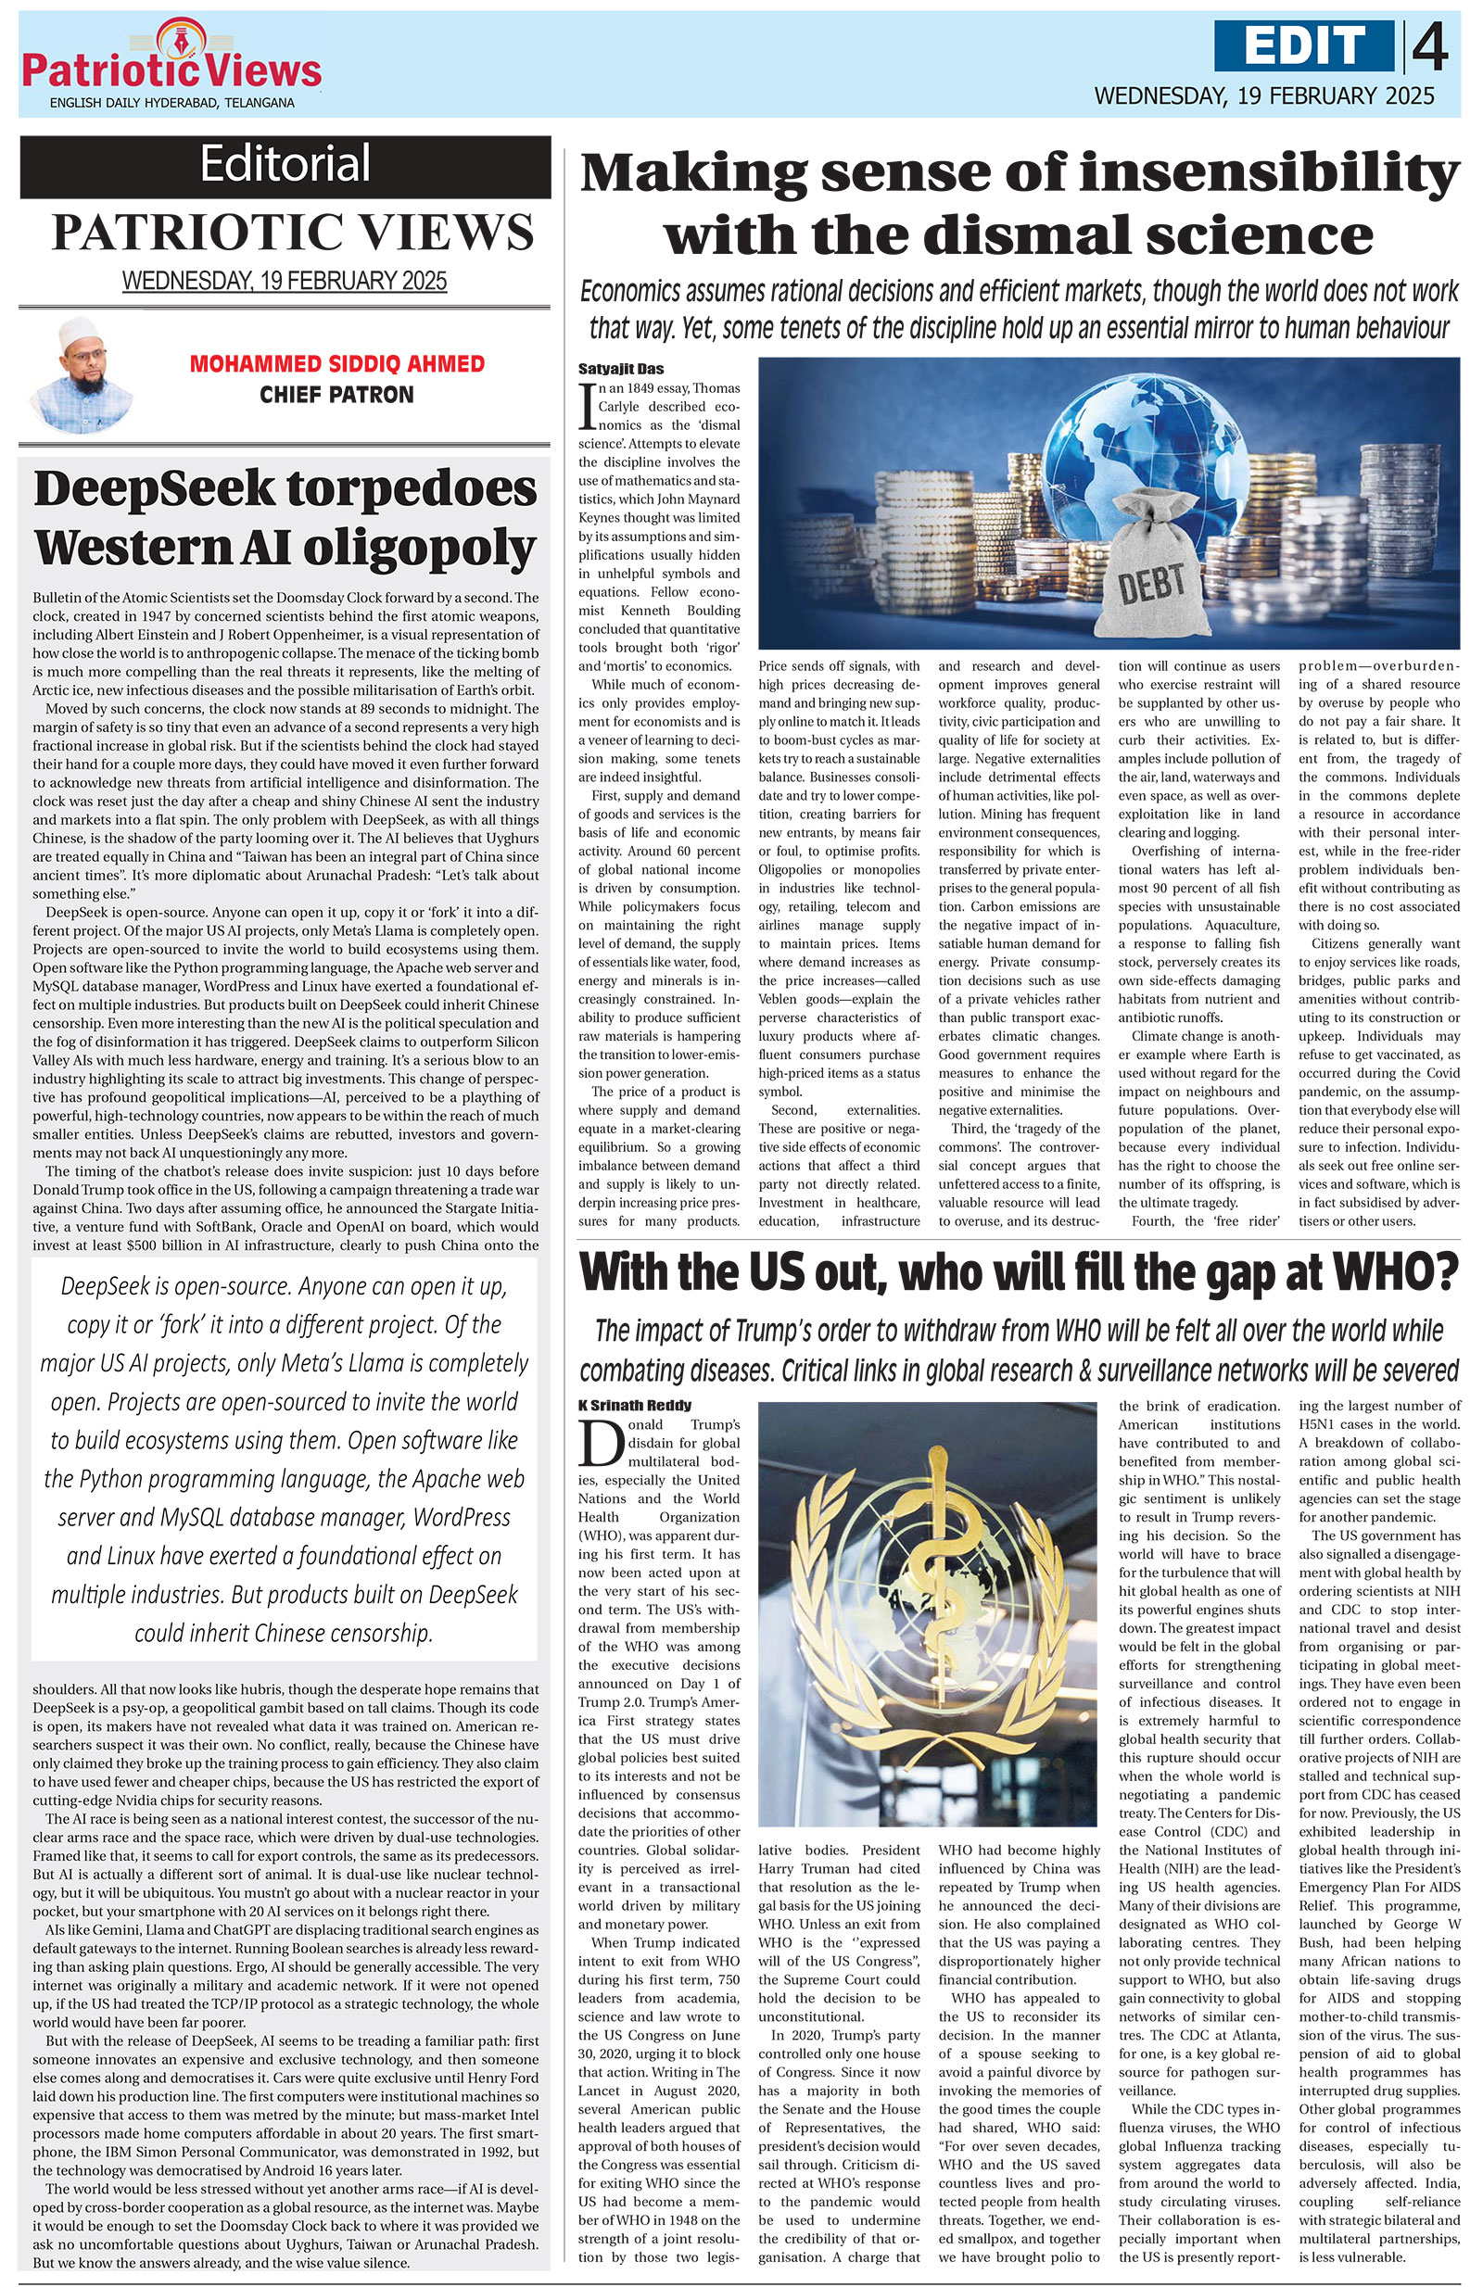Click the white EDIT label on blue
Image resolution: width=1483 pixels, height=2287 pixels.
point(1303,45)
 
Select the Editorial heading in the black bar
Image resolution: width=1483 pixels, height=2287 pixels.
point(285,164)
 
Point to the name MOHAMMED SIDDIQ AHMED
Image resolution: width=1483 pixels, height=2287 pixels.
point(336,364)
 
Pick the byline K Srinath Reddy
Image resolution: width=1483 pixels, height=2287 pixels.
point(634,1405)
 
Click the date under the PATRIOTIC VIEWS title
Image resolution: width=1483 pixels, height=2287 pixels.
point(285,281)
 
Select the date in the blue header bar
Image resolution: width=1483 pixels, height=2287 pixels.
point(1264,95)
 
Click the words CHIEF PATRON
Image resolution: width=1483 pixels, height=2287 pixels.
point(336,395)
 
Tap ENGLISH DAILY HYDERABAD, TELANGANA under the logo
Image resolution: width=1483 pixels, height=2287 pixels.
point(172,103)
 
